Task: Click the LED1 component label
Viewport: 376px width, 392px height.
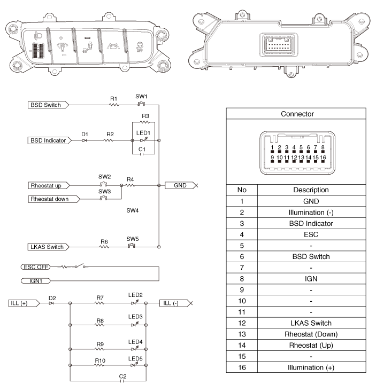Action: tap(143, 132)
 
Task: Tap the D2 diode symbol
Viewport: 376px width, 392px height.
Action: tap(52, 303)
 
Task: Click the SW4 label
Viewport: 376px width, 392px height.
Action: tap(133, 210)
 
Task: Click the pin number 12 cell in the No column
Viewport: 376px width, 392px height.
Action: tap(242, 323)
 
